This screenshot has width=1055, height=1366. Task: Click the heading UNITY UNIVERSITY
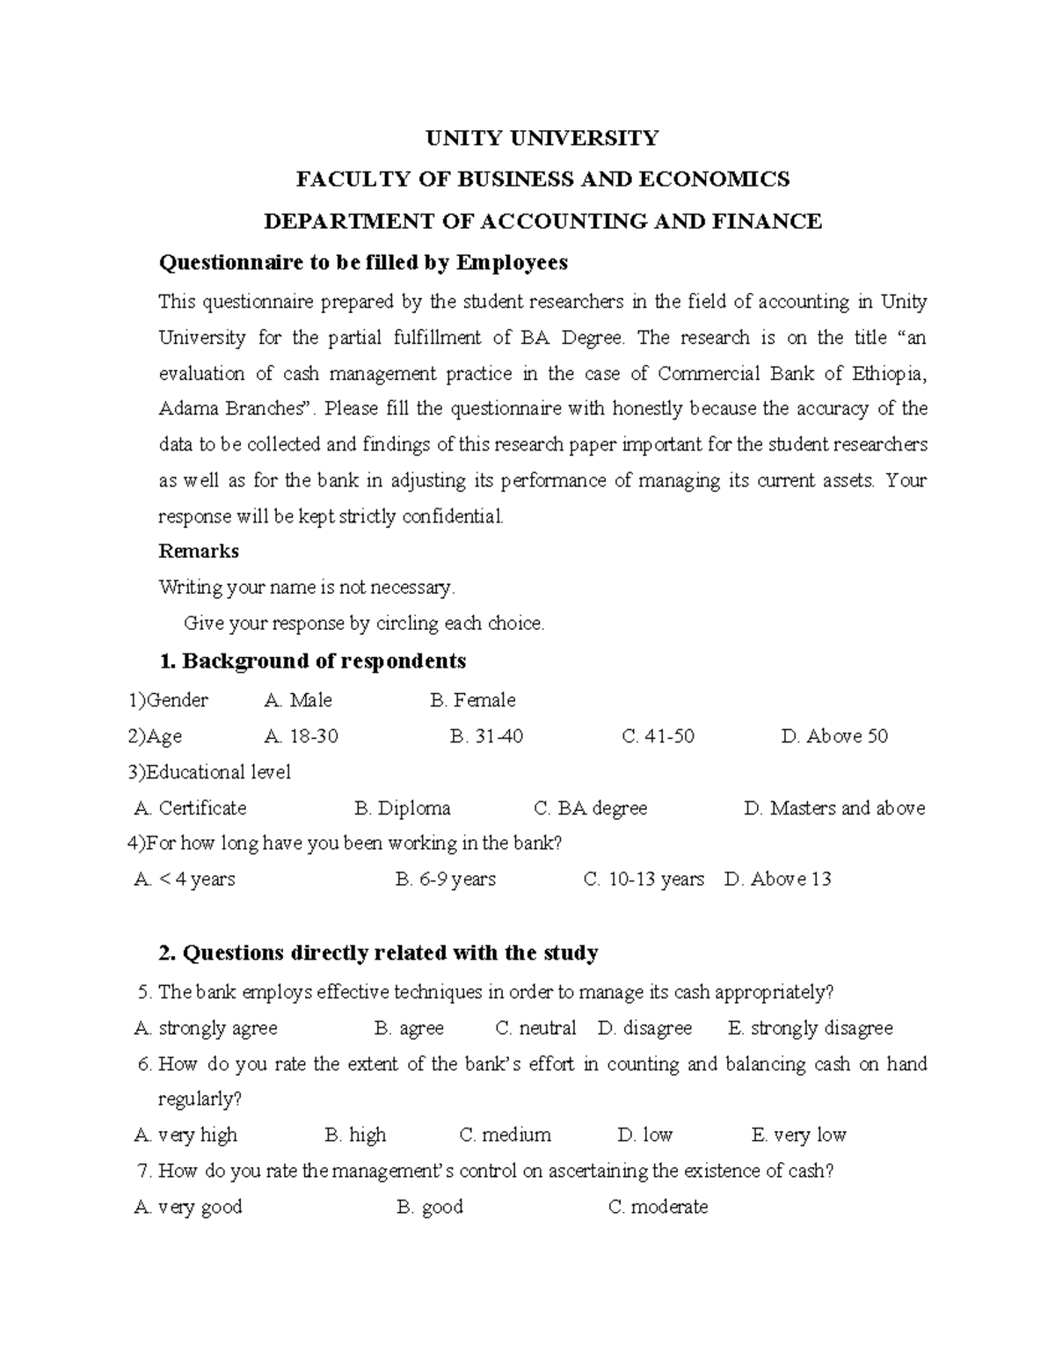click(542, 138)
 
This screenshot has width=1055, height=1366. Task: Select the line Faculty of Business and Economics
click(542, 179)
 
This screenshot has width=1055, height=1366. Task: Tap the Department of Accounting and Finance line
click(542, 221)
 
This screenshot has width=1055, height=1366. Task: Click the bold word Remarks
click(199, 552)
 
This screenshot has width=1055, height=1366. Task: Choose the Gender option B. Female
click(472, 700)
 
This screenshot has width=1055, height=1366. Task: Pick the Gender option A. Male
click(298, 700)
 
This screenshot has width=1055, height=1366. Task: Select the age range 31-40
click(486, 736)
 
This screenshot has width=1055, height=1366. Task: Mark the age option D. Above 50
click(833, 736)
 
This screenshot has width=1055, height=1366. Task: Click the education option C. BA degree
click(590, 807)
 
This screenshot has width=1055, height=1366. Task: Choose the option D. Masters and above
click(833, 807)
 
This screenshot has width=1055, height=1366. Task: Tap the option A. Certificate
click(191, 807)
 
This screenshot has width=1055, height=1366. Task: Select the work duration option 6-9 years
click(446, 879)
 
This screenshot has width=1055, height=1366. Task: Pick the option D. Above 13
click(777, 879)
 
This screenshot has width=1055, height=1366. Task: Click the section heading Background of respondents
click(311, 661)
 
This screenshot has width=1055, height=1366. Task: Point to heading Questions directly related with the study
click(378, 953)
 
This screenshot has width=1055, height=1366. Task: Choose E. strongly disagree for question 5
click(810, 1027)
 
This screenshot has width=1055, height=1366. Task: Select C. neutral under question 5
click(535, 1027)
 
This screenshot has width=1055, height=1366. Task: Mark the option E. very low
click(798, 1135)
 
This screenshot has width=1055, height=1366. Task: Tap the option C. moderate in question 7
click(658, 1206)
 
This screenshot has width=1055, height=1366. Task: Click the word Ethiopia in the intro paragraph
click(888, 373)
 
